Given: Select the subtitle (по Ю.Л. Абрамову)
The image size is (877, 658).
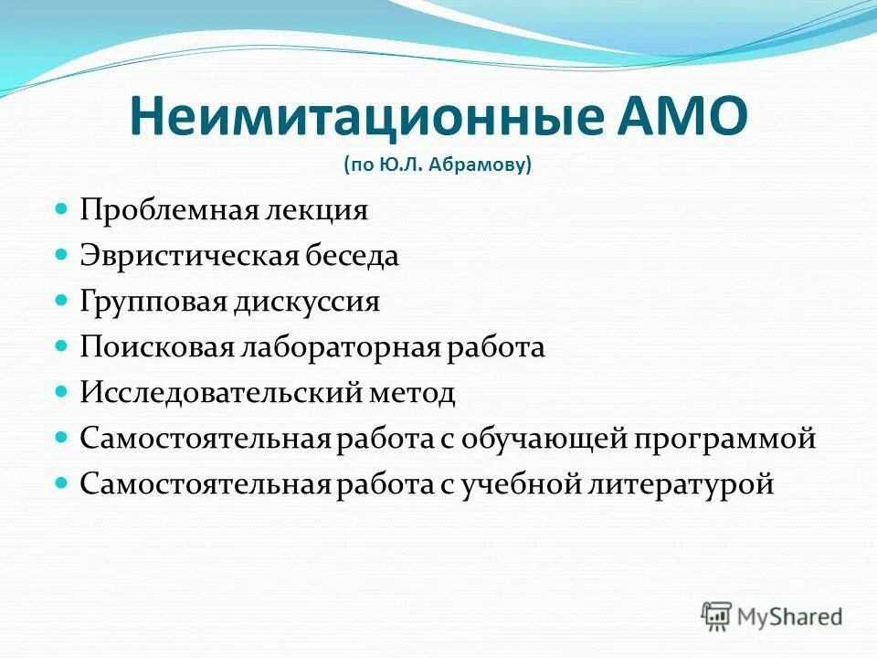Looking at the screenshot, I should click(438, 166).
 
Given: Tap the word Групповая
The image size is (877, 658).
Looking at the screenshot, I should click(146, 302).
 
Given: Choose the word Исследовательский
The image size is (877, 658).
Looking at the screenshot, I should click(214, 393).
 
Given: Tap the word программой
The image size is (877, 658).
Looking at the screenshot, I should click(724, 438).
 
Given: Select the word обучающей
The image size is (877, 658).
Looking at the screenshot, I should click(539, 438).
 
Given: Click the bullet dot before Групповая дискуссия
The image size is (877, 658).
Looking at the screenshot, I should click(62, 301).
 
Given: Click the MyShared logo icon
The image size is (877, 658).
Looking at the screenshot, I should click(716, 615).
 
